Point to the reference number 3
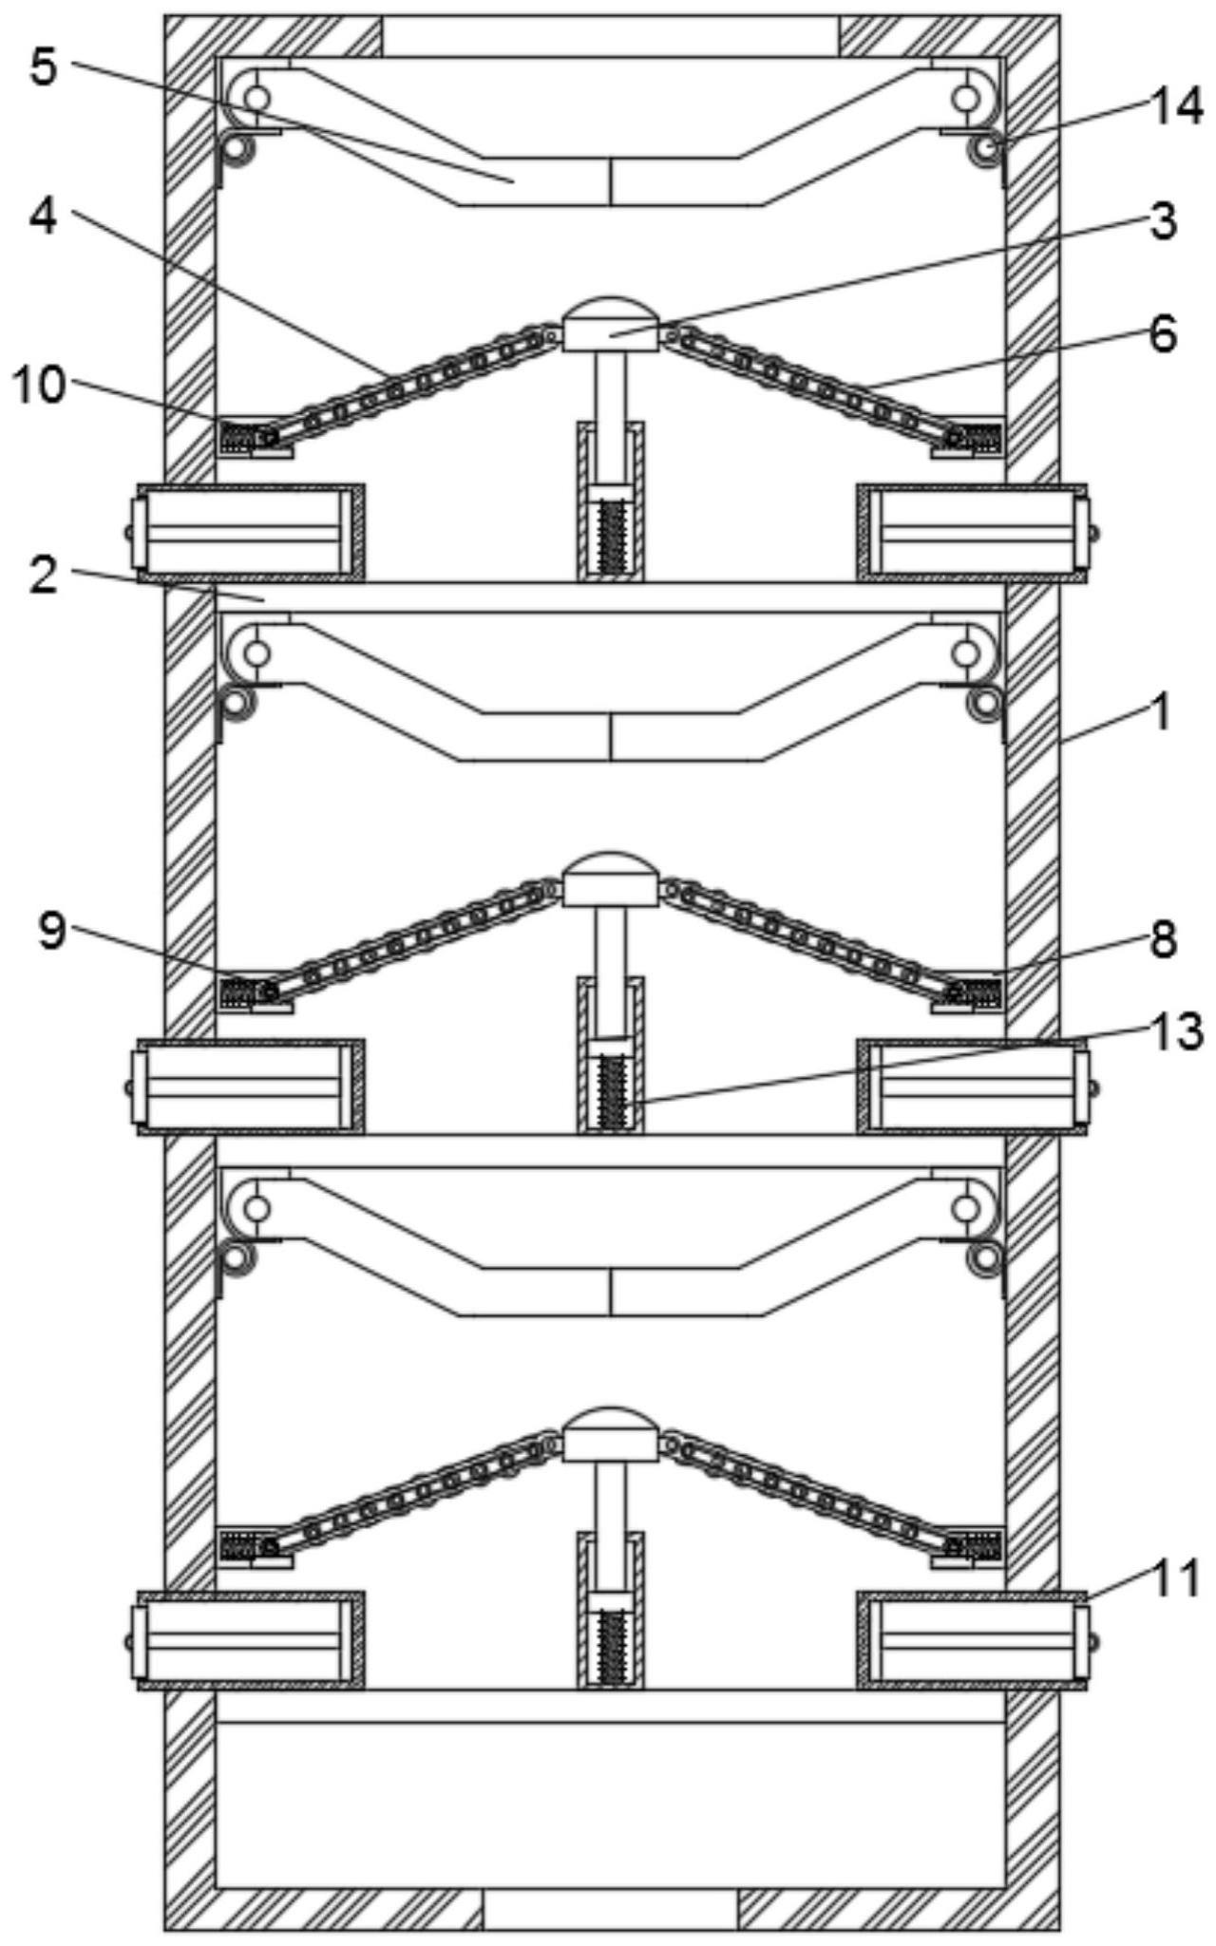click(1162, 221)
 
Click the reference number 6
click(1162, 334)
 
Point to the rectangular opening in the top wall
click(611, 35)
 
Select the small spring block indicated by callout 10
click(239, 437)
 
